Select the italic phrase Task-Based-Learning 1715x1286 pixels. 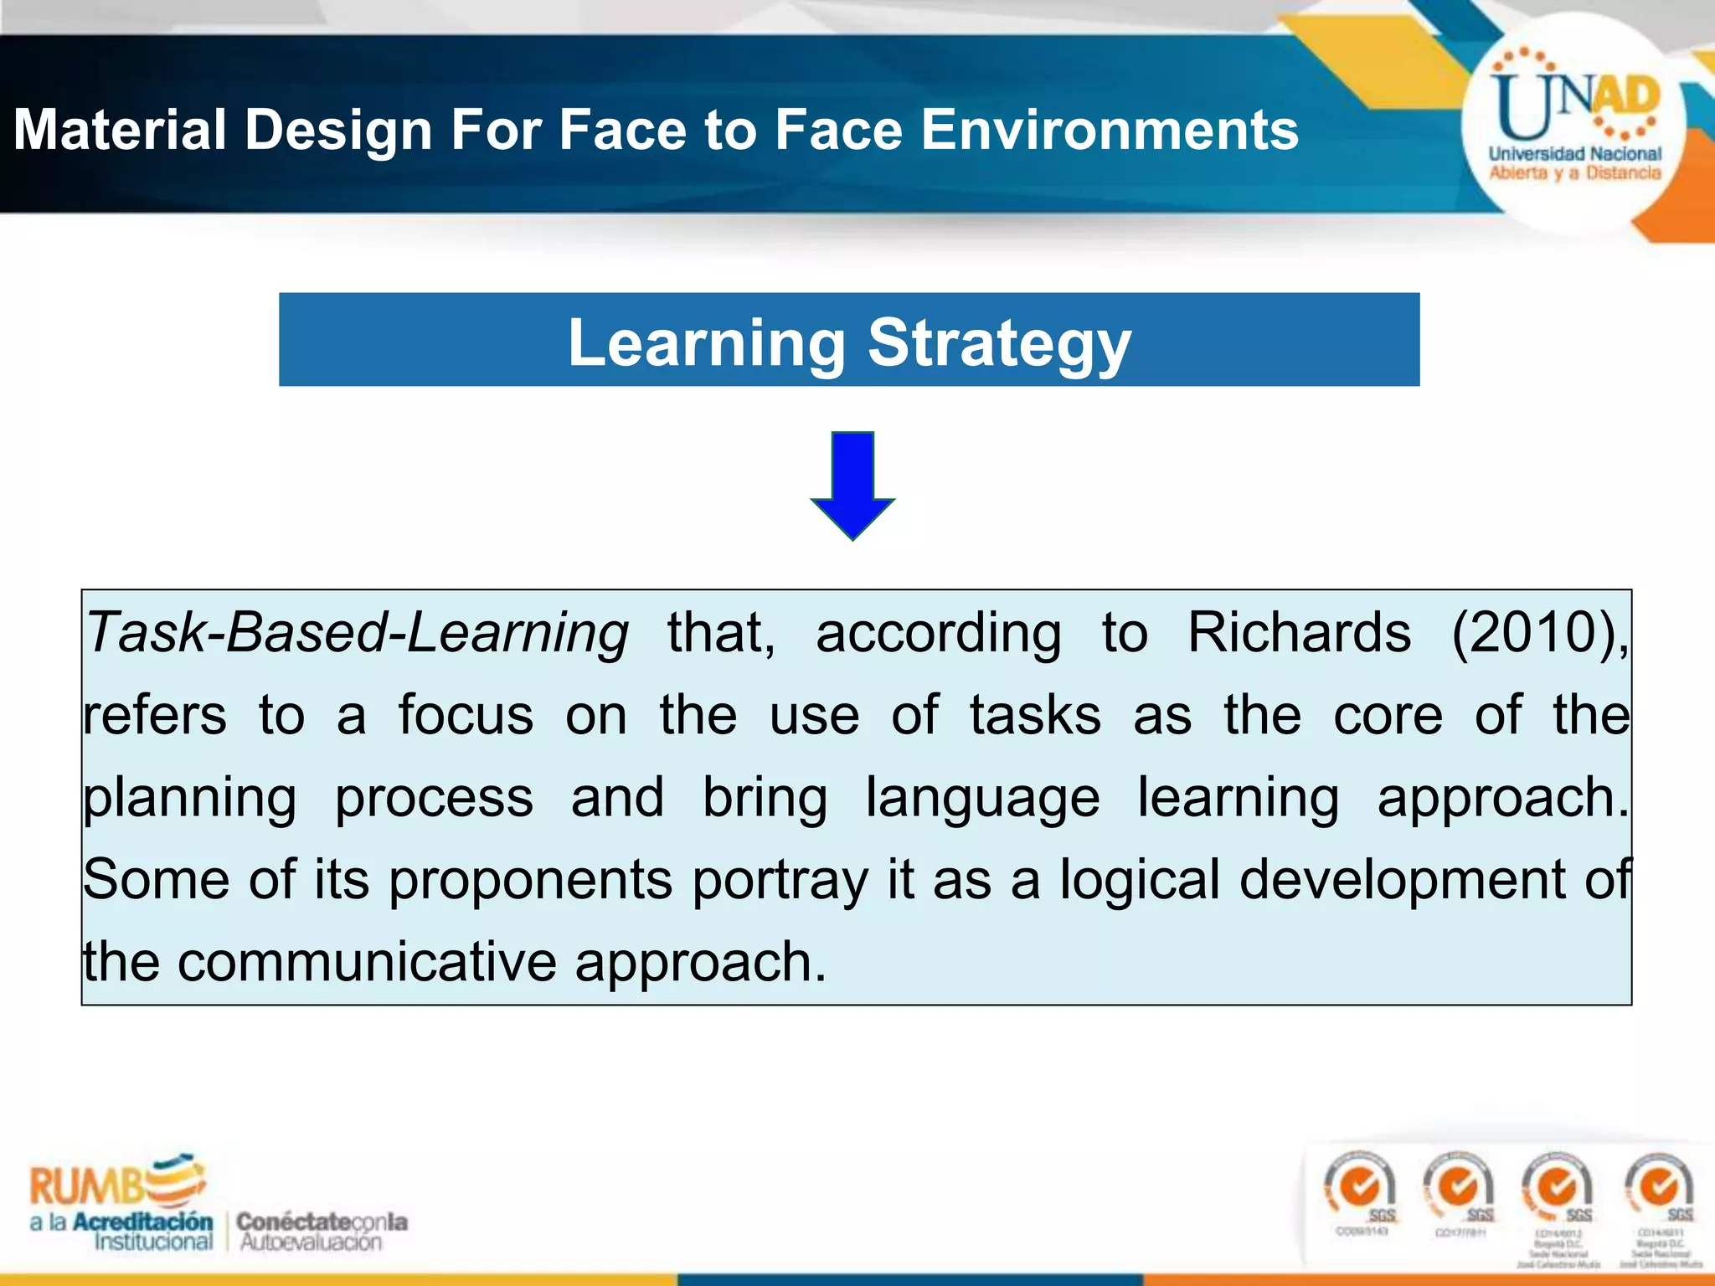(357, 632)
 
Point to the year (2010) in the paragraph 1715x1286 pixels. (1538, 632)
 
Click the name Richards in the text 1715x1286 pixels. (1299, 632)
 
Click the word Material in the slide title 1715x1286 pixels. (120, 130)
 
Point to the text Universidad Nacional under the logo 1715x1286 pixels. (1574, 154)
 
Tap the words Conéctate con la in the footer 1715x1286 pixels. (322, 1222)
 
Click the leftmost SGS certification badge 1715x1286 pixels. (1360, 1189)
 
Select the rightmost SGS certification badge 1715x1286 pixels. (1660, 1189)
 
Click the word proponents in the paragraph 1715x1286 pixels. (531, 881)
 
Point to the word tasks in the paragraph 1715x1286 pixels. (1035, 715)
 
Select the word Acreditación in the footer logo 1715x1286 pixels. (142, 1222)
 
